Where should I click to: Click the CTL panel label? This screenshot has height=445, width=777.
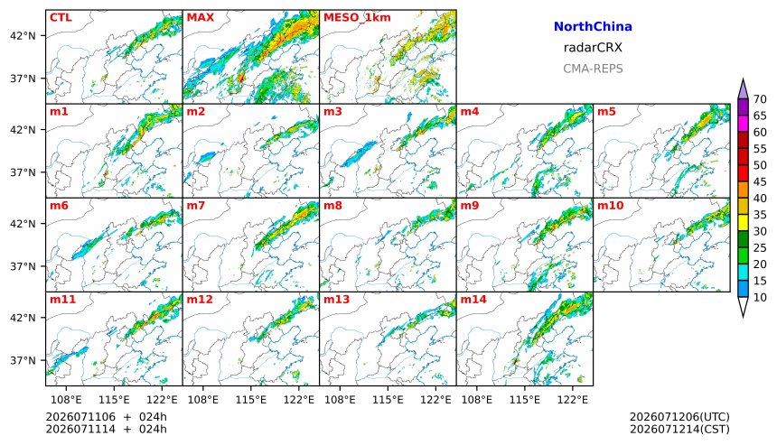pyautogui.click(x=61, y=17)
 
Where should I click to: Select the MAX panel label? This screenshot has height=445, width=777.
pyautogui.click(x=201, y=17)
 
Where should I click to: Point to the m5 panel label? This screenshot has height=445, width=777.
pyautogui.click(x=606, y=111)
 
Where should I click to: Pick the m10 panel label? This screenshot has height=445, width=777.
pyautogui.click(x=610, y=206)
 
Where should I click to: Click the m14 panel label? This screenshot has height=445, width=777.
pyautogui.click(x=473, y=300)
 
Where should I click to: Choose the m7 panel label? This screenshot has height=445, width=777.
pyautogui.click(x=196, y=206)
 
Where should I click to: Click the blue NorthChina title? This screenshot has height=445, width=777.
pyautogui.click(x=593, y=26)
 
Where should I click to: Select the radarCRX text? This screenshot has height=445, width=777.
pyautogui.click(x=593, y=48)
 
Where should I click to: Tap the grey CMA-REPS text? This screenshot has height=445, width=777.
pyautogui.click(x=593, y=69)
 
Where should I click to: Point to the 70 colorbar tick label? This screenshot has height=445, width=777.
pyautogui.click(x=760, y=99)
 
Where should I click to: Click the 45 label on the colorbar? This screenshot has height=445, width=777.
pyautogui.click(x=760, y=181)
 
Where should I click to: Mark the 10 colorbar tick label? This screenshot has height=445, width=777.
pyautogui.click(x=760, y=298)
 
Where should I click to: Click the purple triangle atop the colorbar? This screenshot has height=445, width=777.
pyautogui.click(x=743, y=89)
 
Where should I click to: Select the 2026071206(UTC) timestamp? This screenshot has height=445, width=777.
pyautogui.click(x=679, y=417)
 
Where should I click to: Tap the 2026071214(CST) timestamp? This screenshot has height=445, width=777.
pyautogui.click(x=679, y=429)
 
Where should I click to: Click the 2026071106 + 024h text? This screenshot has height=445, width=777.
pyautogui.click(x=106, y=417)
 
